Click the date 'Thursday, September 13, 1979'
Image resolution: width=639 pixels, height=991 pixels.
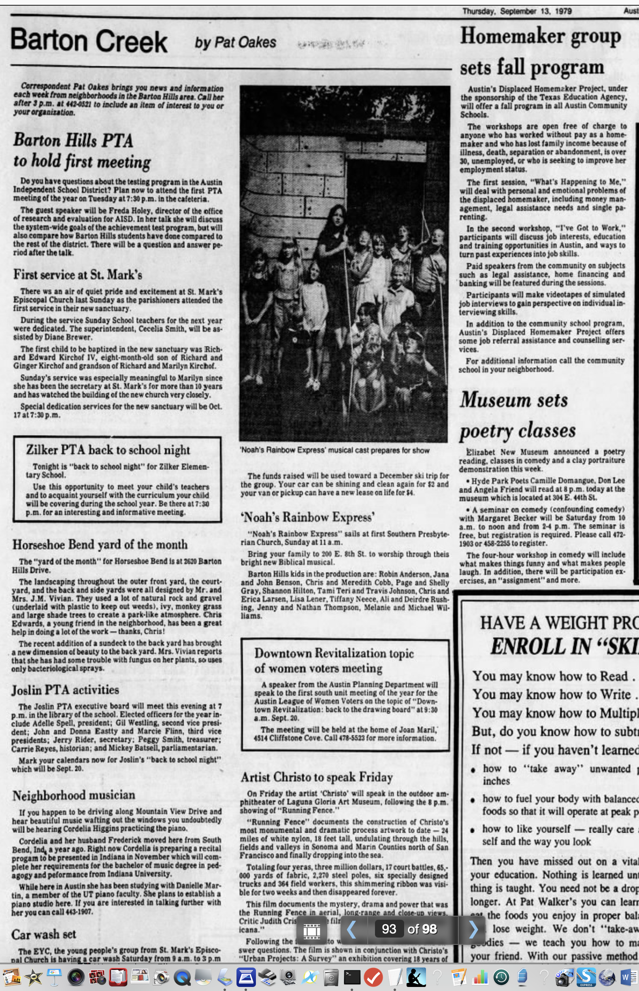coord(517,11)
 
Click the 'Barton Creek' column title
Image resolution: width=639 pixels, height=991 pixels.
coord(89,41)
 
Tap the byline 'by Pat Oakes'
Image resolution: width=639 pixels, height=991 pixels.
coord(235,43)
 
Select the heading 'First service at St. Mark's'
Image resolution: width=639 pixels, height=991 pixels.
coord(78,274)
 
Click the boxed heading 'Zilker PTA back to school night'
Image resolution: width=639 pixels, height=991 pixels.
coord(108,450)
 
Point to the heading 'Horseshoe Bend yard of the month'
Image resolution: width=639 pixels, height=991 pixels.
coord(100,544)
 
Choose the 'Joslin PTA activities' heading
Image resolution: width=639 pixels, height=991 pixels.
coord(65,690)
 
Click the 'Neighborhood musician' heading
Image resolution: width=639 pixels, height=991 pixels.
coord(74,795)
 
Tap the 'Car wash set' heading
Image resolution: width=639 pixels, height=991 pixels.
coord(44,935)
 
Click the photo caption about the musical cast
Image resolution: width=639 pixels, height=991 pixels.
coord(334,451)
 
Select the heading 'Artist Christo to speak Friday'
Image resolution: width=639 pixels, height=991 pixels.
coord(317,777)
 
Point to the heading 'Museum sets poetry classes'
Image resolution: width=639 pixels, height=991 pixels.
coord(517,415)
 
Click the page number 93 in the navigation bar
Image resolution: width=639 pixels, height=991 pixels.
coord(389,929)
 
